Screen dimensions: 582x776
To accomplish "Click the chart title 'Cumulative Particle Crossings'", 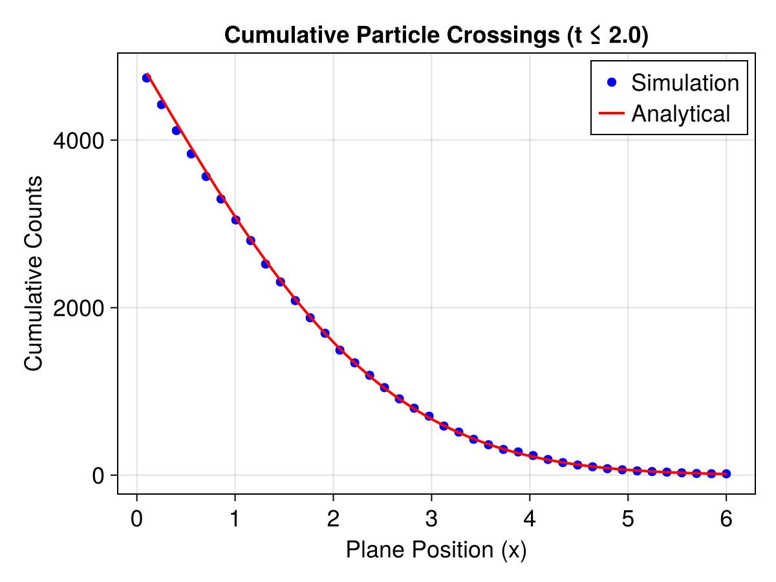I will point(436,36).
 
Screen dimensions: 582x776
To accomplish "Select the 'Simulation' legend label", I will point(685,83).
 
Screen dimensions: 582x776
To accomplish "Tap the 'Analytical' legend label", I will point(680,114).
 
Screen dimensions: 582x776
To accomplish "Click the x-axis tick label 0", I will point(136,519).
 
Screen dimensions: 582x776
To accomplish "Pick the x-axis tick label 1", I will point(235,519).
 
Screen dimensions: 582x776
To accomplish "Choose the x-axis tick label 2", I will point(333,519).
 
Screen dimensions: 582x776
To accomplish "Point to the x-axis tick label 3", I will point(431,519).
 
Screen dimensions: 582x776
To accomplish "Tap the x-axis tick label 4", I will point(530,519).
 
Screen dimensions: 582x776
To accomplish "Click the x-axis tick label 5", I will point(628,519).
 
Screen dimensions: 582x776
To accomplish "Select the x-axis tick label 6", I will point(726,519).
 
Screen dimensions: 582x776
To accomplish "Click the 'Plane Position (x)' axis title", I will point(436,550).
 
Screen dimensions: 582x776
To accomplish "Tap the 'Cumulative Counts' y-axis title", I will point(34,273).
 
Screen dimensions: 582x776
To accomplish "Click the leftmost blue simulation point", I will point(147,78).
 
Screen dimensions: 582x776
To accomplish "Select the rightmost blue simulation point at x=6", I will point(726,474).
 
